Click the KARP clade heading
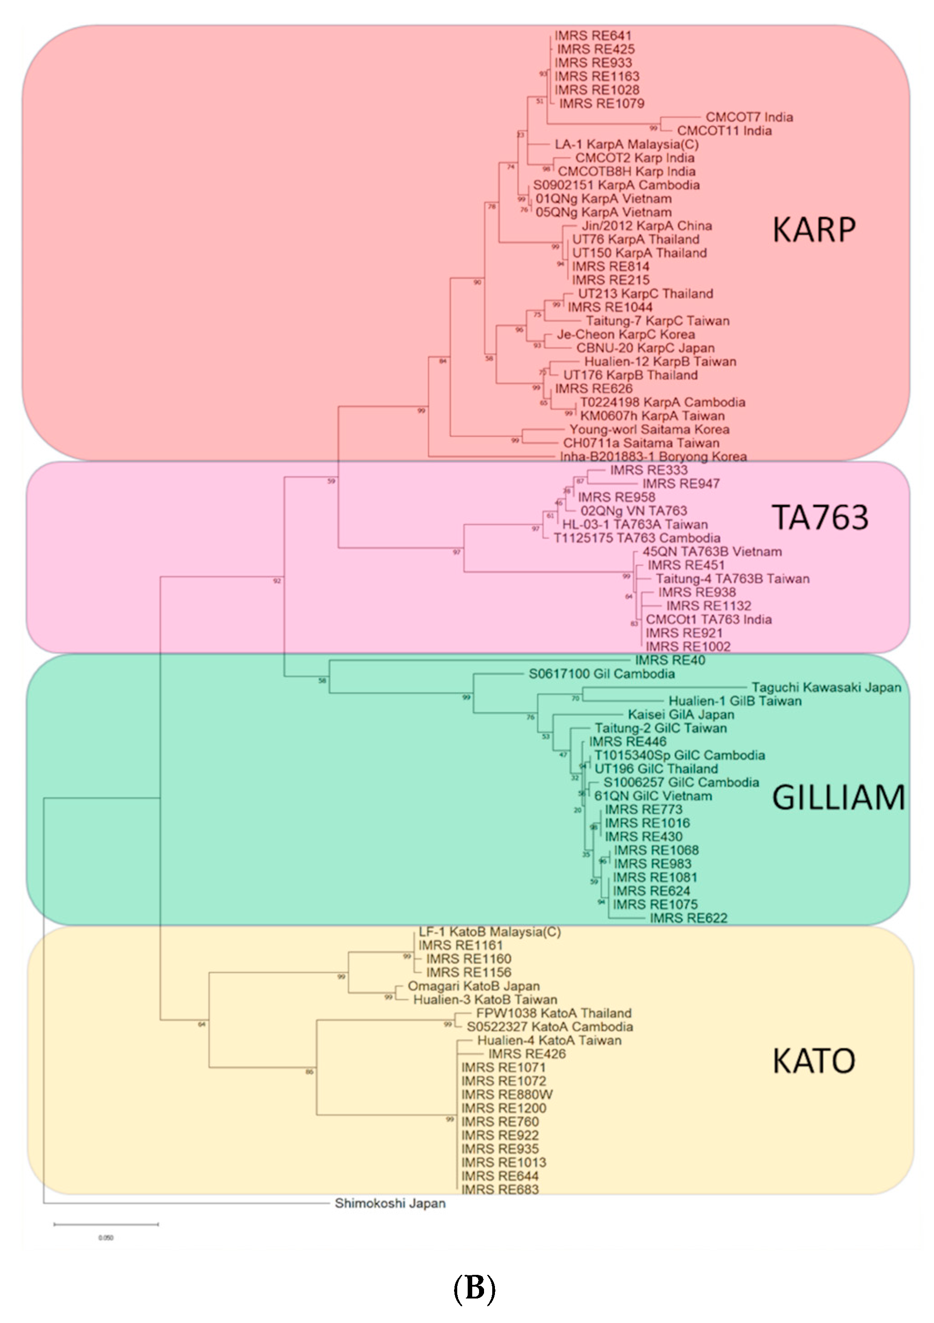[814, 230]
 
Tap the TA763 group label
[819, 517]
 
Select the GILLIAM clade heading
[838, 798]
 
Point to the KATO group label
[813, 1061]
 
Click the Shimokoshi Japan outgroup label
[390, 1203]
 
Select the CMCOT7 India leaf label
[749, 117]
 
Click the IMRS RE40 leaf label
[669, 660]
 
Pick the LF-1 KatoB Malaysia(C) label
[489, 932]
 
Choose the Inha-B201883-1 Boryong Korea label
[653, 456]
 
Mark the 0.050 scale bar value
[105, 1238]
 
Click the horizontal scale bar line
[106, 1224]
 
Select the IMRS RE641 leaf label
[593, 36]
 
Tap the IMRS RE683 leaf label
[499, 1189]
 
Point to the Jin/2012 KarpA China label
[646, 226]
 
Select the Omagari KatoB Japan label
[473, 986]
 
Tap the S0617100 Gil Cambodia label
[601, 674]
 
